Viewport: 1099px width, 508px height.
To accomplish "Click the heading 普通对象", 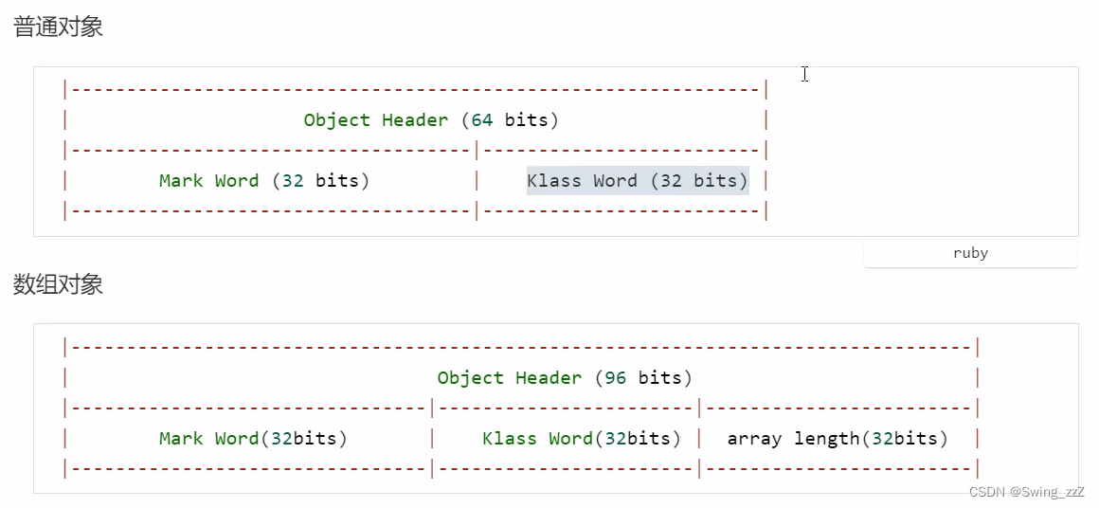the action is (x=58, y=27).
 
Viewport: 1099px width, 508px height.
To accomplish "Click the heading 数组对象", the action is (x=58, y=284).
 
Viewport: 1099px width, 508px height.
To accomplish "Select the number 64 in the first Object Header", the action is (x=481, y=119).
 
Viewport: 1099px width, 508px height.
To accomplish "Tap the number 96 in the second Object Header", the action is (x=616, y=377).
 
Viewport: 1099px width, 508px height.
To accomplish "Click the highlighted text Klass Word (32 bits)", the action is (x=638, y=181).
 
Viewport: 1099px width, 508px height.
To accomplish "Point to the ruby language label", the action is (x=971, y=253).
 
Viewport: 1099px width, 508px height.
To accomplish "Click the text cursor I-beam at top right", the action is (x=804, y=74).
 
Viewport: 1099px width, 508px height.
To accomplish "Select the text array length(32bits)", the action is (x=838, y=439).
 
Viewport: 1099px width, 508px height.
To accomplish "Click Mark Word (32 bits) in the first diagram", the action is (x=264, y=181).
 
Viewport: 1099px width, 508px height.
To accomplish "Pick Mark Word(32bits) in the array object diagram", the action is (x=253, y=439).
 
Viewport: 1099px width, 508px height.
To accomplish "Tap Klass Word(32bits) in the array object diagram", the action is (x=582, y=439).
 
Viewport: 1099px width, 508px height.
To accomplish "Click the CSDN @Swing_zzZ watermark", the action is (x=1026, y=491).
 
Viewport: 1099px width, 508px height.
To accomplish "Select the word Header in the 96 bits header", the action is (x=549, y=377).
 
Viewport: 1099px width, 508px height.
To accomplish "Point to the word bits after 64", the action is (x=527, y=119).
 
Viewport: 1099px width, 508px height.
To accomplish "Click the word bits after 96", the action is (x=660, y=377).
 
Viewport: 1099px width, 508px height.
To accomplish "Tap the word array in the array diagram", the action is (x=755, y=440).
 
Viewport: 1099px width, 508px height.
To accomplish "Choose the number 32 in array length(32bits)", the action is (x=882, y=439).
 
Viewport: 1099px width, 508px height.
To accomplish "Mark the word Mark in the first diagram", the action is (x=181, y=181).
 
